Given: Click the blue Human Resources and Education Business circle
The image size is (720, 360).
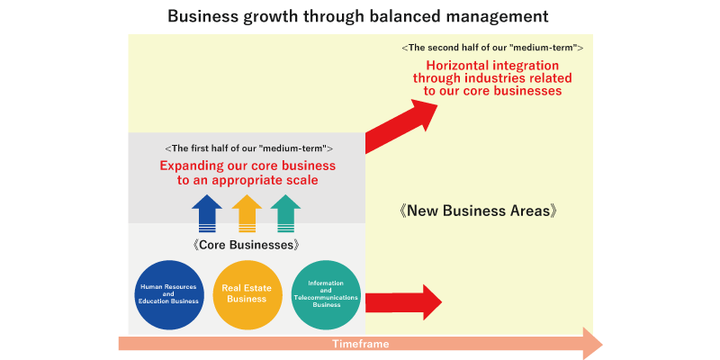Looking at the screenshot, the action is (x=168, y=295).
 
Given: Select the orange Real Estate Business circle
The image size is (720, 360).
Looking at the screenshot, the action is (x=247, y=295).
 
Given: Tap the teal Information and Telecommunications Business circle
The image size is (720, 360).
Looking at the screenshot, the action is (x=326, y=295).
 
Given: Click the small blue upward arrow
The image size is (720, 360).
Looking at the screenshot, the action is (x=207, y=214).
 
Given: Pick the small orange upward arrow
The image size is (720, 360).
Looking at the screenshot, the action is (x=247, y=214).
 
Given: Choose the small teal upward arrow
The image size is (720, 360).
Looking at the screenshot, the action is (x=285, y=214).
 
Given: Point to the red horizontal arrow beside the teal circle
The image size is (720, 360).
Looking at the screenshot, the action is (x=403, y=302).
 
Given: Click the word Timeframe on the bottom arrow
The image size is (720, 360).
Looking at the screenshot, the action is (x=361, y=344).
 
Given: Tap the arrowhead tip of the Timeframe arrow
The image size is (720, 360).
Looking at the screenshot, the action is (x=602, y=344).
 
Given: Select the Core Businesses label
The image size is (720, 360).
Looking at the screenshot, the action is (x=247, y=245).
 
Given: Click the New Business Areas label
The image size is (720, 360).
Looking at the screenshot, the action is (x=478, y=211).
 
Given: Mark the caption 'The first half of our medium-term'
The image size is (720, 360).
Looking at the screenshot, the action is (x=248, y=148).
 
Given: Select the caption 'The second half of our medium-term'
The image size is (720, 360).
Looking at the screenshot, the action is (x=492, y=48).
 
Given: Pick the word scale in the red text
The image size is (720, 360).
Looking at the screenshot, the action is (x=301, y=180).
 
